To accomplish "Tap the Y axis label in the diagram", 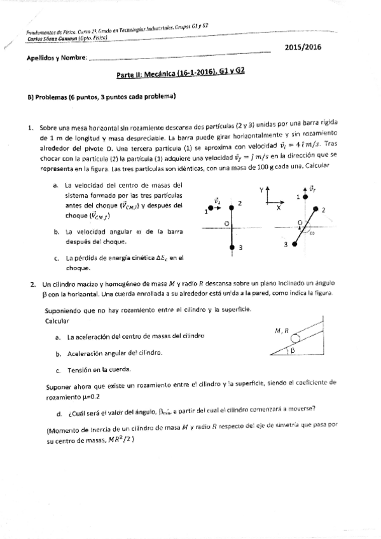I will (261, 190).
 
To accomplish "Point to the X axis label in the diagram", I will (279, 207).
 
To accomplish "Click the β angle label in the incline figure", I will (294, 350).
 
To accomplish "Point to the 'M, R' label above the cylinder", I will (281, 330).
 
